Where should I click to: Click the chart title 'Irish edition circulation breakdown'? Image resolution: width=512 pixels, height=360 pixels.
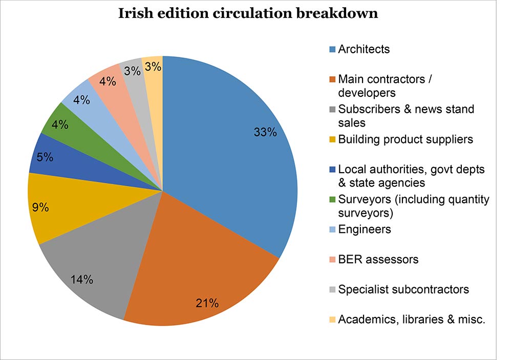point(248,14)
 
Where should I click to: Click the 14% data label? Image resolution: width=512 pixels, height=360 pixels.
point(82,279)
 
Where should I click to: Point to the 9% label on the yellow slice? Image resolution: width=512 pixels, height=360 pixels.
point(39,207)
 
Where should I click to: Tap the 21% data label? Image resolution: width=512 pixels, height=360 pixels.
point(207,303)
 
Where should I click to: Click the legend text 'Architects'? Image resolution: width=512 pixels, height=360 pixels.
point(364,49)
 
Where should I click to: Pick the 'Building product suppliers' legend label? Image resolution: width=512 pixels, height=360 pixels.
point(406,139)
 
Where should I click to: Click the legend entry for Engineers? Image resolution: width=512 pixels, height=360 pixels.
point(365,229)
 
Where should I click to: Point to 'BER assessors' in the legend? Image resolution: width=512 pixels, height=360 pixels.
point(378,259)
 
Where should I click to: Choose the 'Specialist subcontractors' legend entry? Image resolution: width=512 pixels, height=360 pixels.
point(403,289)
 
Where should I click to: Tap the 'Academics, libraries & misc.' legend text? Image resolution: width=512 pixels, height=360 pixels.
point(412,320)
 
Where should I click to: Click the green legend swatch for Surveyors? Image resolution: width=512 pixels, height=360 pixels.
point(332,200)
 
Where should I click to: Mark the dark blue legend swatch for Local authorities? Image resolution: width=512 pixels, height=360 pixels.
point(332,170)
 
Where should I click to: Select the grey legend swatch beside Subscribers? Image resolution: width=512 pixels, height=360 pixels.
point(332,110)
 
